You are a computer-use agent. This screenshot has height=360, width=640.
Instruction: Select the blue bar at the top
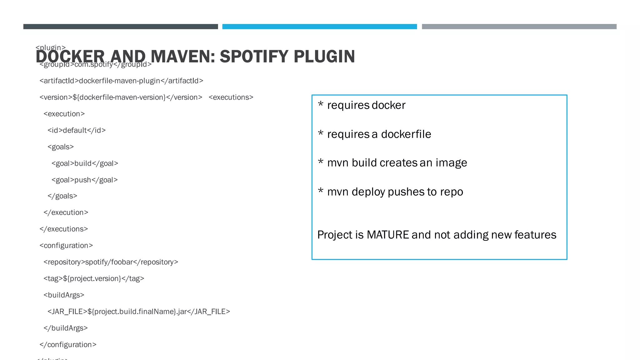[319, 27]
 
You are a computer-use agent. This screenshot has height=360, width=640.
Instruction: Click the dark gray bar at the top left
[121, 27]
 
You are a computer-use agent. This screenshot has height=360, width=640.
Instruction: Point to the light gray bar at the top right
[519, 27]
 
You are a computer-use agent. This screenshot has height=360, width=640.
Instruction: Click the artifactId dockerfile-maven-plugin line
[121, 81]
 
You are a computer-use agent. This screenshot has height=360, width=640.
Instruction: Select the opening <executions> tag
[231, 97]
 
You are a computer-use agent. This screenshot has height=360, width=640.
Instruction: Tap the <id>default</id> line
[77, 130]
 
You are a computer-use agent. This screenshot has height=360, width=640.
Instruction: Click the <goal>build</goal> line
[85, 163]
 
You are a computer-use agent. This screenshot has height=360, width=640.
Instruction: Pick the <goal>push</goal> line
[84, 180]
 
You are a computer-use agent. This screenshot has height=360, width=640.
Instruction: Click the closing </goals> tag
[62, 196]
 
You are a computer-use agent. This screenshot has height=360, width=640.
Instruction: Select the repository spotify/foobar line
[111, 262]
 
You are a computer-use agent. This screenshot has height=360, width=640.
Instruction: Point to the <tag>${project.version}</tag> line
[94, 279]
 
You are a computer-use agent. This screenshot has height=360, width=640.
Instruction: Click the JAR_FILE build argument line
[138, 312]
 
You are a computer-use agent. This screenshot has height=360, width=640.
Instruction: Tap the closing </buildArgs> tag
[65, 328]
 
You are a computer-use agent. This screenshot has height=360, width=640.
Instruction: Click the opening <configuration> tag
[66, 246]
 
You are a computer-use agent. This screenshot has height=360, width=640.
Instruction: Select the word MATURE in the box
[387, 235]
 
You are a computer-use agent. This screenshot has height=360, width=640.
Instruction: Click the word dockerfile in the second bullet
[406, 134]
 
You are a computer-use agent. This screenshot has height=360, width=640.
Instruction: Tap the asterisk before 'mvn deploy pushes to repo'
[320, 191]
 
